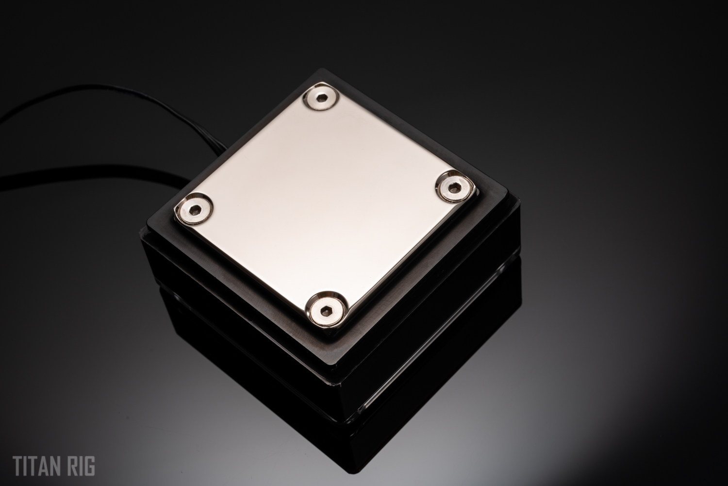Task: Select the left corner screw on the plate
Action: tap(194, 208)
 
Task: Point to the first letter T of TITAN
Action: tap(18, 467)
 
